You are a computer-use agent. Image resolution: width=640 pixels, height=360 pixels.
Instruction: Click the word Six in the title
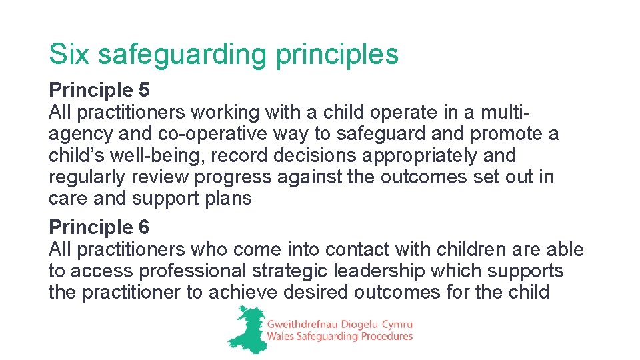(69, 54)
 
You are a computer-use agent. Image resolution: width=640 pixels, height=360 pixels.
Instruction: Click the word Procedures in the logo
(387, 337)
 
